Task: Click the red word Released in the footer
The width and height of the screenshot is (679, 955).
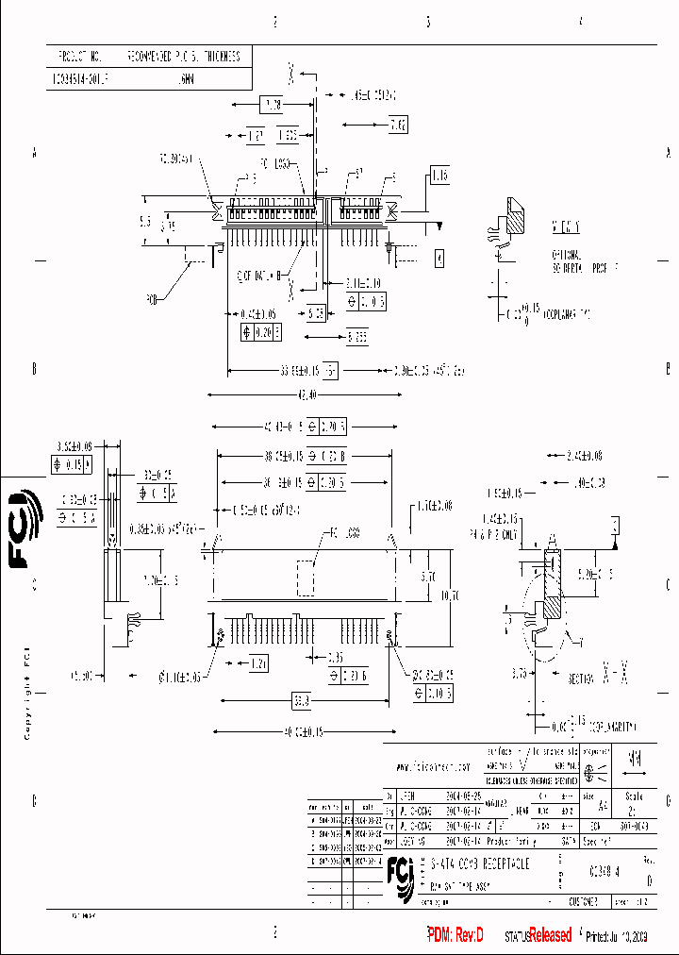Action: pos(550,935)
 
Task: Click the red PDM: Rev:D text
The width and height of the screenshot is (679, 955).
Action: pos(455,935)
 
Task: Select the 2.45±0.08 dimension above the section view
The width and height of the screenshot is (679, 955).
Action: pos(585,456)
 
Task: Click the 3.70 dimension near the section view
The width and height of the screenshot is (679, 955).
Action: pos(520,673)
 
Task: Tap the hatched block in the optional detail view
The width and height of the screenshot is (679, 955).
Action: pos(518,220)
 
